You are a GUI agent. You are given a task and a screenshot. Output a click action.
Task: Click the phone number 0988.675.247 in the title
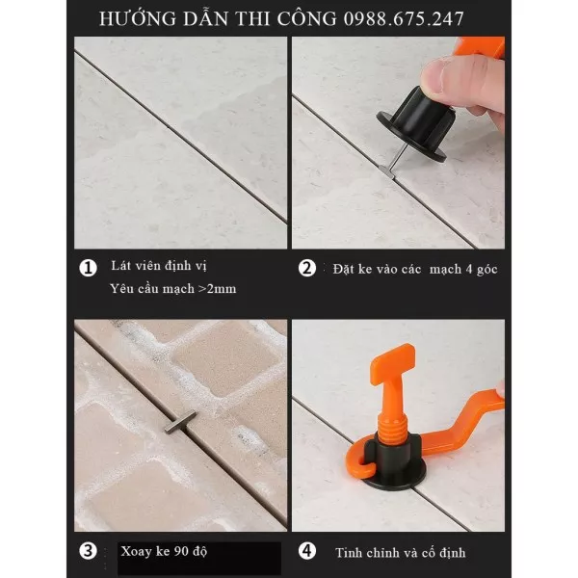coord(404,19)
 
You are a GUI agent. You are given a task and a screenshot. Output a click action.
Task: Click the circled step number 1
coord(88,268)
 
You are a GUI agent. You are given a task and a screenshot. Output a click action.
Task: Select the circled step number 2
coord(307,268)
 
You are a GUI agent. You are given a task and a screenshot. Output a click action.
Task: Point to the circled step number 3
coord(88,551)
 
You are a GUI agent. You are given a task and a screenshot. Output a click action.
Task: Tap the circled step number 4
coord(307,551)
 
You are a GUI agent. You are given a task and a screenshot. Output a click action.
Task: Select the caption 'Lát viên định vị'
coord(159,266)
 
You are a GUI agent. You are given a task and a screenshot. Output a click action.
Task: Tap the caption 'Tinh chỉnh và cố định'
coord(401,553)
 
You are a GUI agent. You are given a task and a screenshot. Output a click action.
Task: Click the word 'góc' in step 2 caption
coord(486,270)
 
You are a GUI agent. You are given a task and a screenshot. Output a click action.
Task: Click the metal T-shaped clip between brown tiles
coord(180,423)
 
